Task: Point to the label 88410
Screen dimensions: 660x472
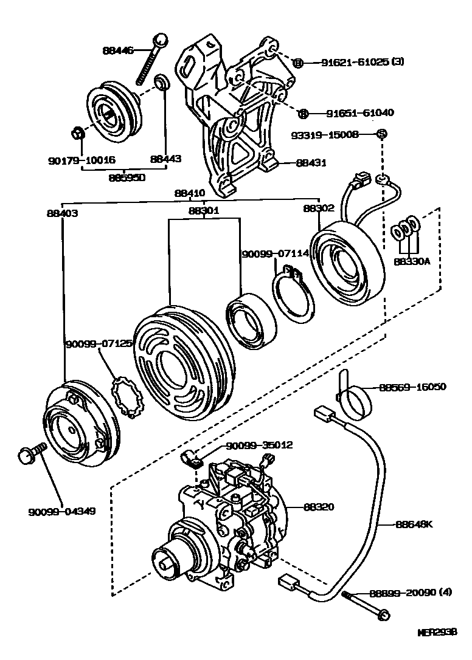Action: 190,193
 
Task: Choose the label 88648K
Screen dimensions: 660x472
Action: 413,523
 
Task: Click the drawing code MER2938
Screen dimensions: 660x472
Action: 436,633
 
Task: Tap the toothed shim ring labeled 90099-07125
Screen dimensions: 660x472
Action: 129,397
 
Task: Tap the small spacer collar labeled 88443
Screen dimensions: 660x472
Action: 162,82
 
